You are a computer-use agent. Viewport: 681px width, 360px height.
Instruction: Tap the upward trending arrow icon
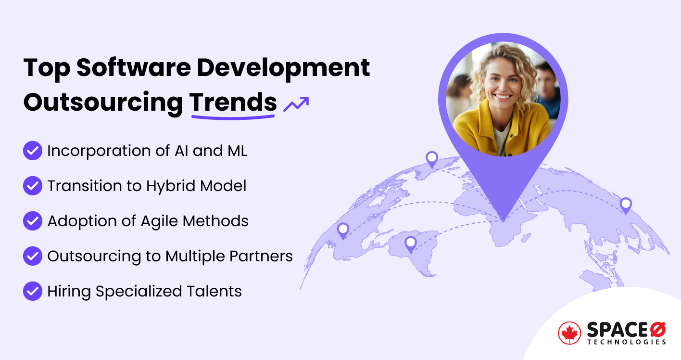coord(296,103)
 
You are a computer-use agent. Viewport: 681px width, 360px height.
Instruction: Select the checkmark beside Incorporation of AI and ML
coord(33,151)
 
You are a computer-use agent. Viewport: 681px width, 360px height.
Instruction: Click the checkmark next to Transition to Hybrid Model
coord(33,186)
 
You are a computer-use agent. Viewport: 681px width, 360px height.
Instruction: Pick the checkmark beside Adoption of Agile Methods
coord(33,221)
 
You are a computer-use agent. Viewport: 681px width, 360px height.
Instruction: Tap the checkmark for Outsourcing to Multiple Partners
coord(33,256)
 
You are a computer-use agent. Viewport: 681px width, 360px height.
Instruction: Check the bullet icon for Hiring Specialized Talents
coord(33,291)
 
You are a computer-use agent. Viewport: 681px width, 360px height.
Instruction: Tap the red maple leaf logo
coord(570,333)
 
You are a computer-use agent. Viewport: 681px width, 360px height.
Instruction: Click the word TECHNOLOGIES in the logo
coord(626,342)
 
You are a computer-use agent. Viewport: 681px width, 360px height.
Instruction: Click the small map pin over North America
coord(343,230)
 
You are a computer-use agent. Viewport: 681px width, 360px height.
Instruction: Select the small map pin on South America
coord(410,244)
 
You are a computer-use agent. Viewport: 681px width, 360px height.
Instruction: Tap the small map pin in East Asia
coord(625,205)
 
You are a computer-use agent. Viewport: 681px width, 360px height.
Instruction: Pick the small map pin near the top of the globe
coord(432,158)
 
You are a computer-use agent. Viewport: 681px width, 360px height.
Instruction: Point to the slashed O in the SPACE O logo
coord(657,330)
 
